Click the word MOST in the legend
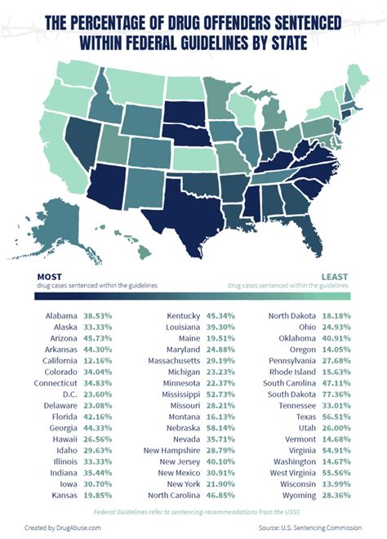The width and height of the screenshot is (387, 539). click(x=49, y=277)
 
